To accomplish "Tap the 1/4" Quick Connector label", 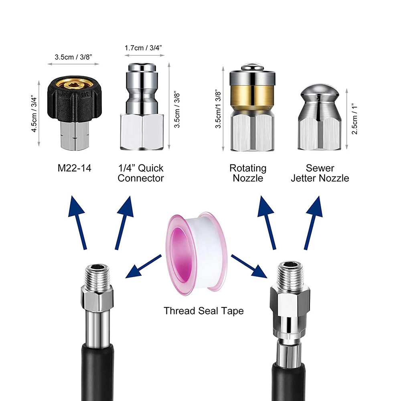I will tap(141, 173).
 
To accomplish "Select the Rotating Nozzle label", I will tap(248, 173).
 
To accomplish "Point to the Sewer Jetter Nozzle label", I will tap(320, 173).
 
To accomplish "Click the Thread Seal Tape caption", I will tap(203, 310).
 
